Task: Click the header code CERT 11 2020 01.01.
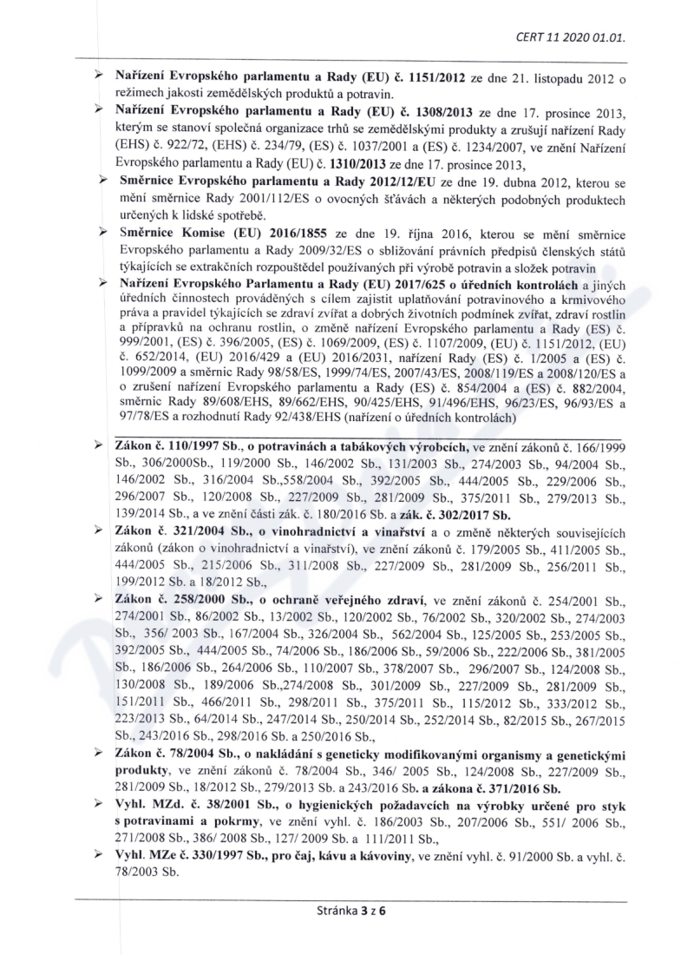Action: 583,38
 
